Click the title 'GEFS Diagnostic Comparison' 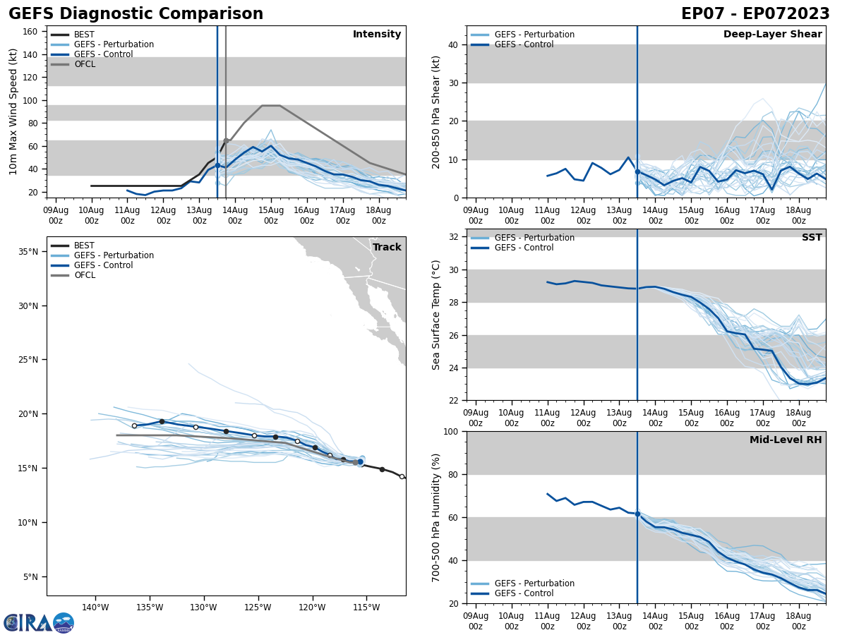tap(136, 14)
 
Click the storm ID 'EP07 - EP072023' tap(755, 14)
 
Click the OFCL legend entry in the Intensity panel tap(84, 64)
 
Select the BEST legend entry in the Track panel tap(84, 246)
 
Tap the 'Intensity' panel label tap(377, 35)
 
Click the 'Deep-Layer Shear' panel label tap(772, 35)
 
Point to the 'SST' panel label tap(812, 238)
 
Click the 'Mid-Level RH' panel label tap(786, 440)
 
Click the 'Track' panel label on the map tap(387, 247)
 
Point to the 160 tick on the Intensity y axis tap(30, 32)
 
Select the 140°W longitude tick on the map tap(95, 607)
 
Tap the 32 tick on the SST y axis tap(455, 237)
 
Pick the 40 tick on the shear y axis tap(452, 45)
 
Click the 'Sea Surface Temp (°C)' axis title tap(436, 315)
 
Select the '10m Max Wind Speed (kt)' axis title tap(13, 111)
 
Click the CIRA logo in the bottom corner tap(39, 623)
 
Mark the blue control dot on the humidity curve tap(637, 514)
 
